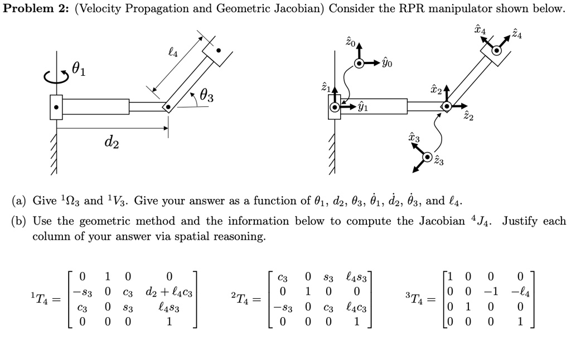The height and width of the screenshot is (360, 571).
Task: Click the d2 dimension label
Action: coord(110,144)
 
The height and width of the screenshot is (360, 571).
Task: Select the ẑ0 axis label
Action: coord(350,42)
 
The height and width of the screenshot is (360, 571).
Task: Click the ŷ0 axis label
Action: coord(387,64)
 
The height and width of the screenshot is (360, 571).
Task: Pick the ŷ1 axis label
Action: coord(362,108)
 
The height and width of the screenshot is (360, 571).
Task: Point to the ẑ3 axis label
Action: coord(439,162)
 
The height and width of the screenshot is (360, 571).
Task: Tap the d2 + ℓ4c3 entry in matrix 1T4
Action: coord(169,291)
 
